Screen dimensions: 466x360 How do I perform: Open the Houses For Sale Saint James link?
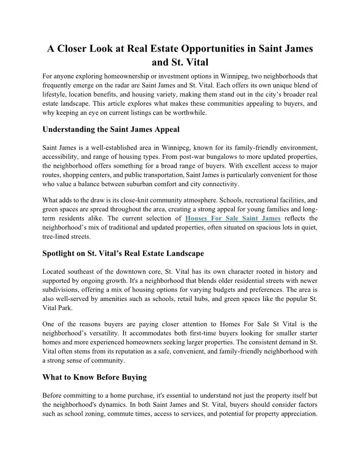click(233, 218)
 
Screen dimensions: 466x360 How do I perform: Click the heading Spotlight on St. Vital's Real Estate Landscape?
click(123, 254)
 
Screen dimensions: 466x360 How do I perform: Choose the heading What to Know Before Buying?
click(94, 377)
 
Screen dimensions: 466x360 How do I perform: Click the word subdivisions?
click(61, 289)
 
